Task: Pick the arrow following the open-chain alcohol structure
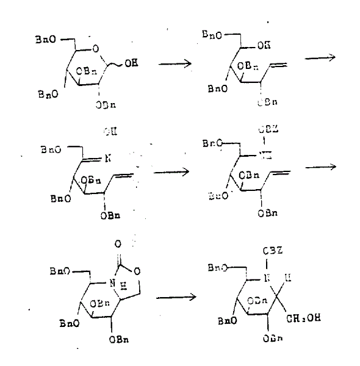pyautogui.click(x=321, y=58)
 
